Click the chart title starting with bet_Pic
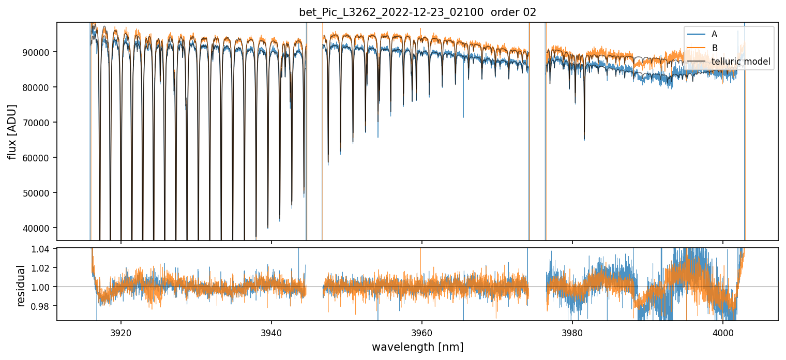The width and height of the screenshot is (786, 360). point(417,12)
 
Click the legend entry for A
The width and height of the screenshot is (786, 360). point(714,34)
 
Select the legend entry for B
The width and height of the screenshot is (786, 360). point(714,48)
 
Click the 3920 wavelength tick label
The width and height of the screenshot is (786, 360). point(121,331)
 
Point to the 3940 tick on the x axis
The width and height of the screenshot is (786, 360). point(271,331)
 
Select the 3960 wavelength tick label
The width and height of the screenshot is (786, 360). point(422,331)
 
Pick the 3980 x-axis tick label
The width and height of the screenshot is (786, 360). point(572,331)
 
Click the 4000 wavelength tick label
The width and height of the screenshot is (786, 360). point(722,331)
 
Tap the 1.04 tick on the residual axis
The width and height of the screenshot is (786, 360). point(44,249)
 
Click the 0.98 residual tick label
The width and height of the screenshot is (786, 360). point(44,306)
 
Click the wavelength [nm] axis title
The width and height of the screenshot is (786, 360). point(417,347)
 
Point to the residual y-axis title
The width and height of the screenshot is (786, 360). point(21,286)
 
